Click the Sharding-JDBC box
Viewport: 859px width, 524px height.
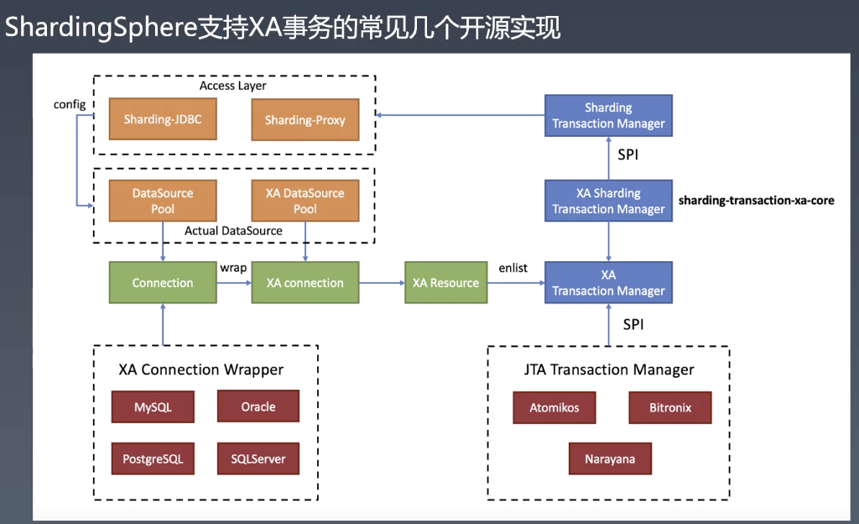pos(163,120)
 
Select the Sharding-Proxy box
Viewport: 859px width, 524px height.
pos(305,120)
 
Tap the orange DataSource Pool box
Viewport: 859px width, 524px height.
pos(163,201)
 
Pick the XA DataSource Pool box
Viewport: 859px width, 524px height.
pos(305,201)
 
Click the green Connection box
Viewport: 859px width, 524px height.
pos(163,283)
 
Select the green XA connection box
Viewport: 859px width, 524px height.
pos(305,283)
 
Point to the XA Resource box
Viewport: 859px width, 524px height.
pos(445,283)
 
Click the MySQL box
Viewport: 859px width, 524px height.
pos(153,407)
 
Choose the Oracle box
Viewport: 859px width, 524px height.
pos(258,406)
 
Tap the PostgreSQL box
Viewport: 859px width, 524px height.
pos(153,459)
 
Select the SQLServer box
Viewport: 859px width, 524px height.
pos(258,459)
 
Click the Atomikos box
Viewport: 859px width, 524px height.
pos(554,408)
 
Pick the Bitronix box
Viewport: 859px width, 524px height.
pos(670,408)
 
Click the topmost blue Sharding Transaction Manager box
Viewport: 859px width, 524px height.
pos(608,116)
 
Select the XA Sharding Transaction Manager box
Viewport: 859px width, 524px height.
pos(608,201)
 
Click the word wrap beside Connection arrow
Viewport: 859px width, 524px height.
pos(233,268)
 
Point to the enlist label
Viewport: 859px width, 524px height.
pos(513,268)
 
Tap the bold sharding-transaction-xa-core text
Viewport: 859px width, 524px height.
pos(756,201)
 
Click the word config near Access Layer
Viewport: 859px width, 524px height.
pos(69,104)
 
